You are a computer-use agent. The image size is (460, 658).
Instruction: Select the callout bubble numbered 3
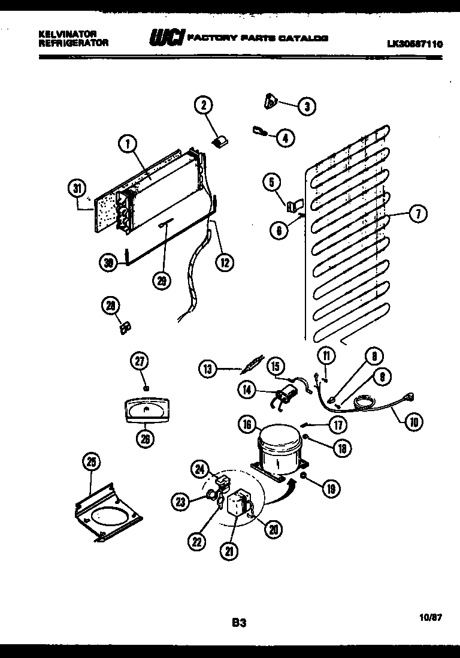tap(307, 107)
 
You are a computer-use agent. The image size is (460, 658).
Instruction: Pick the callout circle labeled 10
tap(413, 422)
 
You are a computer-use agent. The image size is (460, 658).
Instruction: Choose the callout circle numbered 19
tap(331, 489)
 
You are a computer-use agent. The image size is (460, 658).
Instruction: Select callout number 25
tap(91, 462)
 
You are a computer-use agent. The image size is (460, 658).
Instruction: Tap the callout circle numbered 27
tap(140, 361)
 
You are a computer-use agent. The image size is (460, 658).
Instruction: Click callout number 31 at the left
tap(76, 188)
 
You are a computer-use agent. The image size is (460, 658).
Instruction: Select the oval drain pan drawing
tap(146, 413)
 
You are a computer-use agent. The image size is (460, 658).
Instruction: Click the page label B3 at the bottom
tap(239, 623)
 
